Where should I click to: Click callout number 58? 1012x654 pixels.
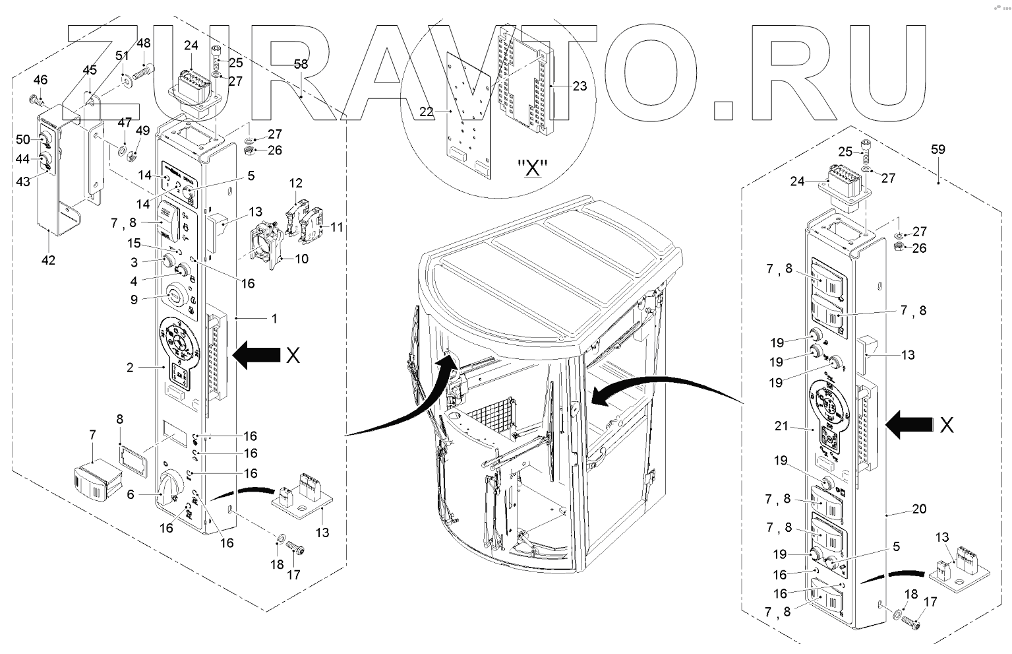[301, 64]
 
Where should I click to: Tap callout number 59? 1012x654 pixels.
[938, 149]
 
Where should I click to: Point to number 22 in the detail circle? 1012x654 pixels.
[426, 112]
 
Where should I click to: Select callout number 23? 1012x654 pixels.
[580, 86]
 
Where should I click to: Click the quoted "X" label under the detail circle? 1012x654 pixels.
[532, 168]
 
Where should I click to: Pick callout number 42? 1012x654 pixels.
[48, 260]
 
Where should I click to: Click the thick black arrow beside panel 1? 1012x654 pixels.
[256, 355]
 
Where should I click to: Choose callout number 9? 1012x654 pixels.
[134, 300]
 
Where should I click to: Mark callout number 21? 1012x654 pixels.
[781, 426]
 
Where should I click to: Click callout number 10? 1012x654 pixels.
[301, 259]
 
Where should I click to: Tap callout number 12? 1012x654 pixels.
[295, 183]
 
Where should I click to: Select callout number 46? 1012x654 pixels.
[40, 80]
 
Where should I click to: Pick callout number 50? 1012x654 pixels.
[22, 139]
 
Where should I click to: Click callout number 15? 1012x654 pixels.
[134, 243]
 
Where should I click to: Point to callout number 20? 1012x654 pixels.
[919, 509]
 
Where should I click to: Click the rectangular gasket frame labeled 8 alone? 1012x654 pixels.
[133, 460]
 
